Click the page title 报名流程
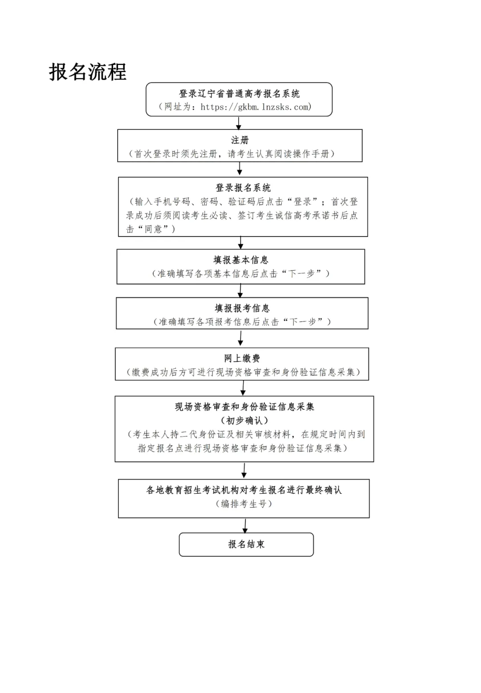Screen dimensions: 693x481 point(88,72)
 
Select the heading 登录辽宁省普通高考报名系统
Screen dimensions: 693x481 point(239,94)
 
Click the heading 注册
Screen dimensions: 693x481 point(240,140)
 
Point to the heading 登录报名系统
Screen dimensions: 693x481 point(243,188)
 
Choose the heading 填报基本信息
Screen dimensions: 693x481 point(240,260)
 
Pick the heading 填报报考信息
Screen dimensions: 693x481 point(242,308)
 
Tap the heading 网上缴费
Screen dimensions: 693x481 point(242,359)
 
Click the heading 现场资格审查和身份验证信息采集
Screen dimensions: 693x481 point(244,407)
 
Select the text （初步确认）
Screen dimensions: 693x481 point(244,420)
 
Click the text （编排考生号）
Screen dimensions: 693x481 point(244,504)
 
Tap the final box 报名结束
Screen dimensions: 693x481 point(246,544)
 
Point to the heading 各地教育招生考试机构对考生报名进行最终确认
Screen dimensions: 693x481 point(244,490)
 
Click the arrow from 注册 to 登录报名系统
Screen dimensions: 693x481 point(240,169)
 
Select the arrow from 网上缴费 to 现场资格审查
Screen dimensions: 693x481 point(243,388)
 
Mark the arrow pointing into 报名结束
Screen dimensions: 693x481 point(245,525)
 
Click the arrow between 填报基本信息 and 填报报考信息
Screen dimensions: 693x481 point(240,290)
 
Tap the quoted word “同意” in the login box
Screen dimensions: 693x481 point(153,229)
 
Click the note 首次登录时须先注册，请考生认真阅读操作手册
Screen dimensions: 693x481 point(232,154)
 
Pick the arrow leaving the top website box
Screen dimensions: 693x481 point(239,123)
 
